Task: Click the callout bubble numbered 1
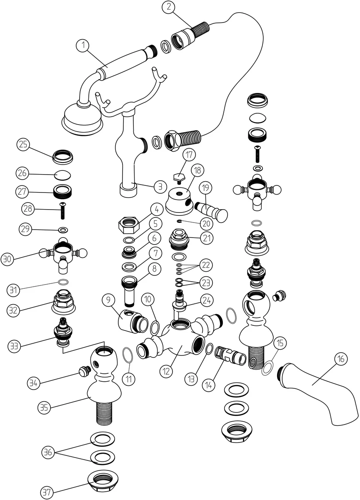pyautogui.click(x=83, y=45)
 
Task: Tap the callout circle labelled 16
pyautogui.click(x=341, y=359)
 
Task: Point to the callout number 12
pyautogui.click(x=166, y=371)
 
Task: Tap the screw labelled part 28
pyautogui.click(x=62, y=210)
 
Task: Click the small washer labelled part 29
pyautogui.click(x=63, y=230)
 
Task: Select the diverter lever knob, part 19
pyautogui.click(x=211, y=212)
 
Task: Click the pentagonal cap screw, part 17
pyautogui.click(x=180, y=178)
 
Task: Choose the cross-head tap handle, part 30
pyautogui.click(x=63, y=254)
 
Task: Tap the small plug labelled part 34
pyautogui.click(x=84, y=372)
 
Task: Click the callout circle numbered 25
pyautogui.click(x=23, y=145)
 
